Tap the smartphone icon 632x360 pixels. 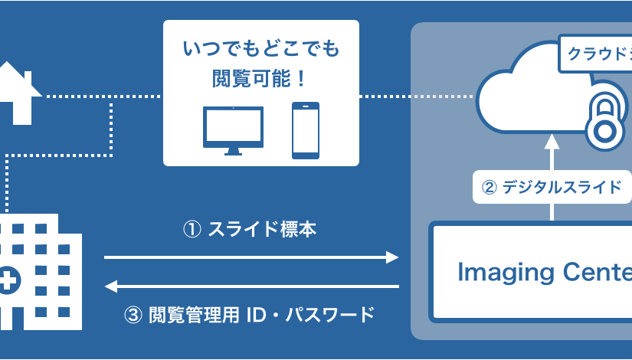point(305,131)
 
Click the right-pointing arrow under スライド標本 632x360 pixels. point(252,257)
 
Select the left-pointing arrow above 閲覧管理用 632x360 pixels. point(252,286)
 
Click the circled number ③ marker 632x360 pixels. point(133,314)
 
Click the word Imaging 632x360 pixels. point(499,272)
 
